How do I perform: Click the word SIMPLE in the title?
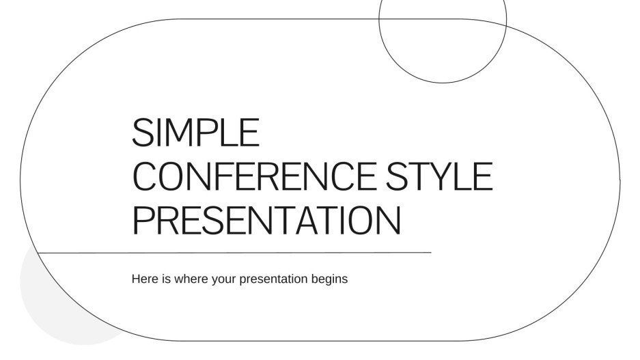tap(195, 133)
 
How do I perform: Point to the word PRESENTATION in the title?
tap(266, 220)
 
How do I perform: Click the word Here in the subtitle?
tap(144, 279)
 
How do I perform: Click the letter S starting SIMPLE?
tap(141, 133)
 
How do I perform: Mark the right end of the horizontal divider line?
tap(430, 252)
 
